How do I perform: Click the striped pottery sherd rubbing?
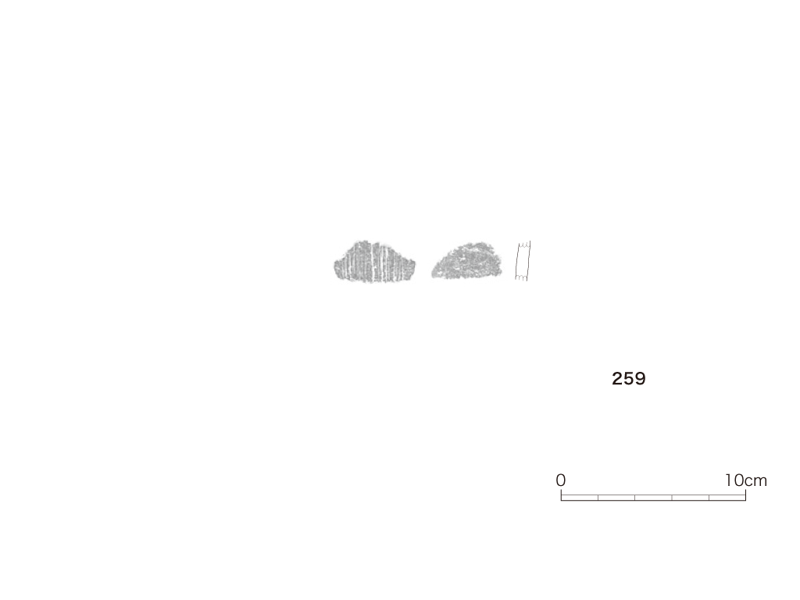point(375,262)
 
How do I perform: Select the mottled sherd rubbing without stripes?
point(467,261)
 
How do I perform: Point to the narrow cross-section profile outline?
point(523,261)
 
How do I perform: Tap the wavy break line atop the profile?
point(524,245)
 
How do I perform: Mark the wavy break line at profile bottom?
point(521,277)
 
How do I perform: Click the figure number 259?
point(629,379)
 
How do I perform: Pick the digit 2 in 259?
point(617,379)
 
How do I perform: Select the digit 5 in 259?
point(629,379)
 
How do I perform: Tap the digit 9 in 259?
point(641,379)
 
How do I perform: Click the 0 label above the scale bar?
point(561,480)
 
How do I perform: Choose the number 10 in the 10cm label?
point(734,480)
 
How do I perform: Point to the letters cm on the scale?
point(756,481)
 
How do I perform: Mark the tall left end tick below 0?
point(561,495)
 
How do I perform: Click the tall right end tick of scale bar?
point(746,495)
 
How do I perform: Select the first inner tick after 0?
point(598,498)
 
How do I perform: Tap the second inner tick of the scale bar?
point(635,498)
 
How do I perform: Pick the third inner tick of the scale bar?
point(672,498)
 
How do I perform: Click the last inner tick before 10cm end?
point(709,498)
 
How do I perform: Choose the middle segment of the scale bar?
point(654,498)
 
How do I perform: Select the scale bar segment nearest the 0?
point(580,498)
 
